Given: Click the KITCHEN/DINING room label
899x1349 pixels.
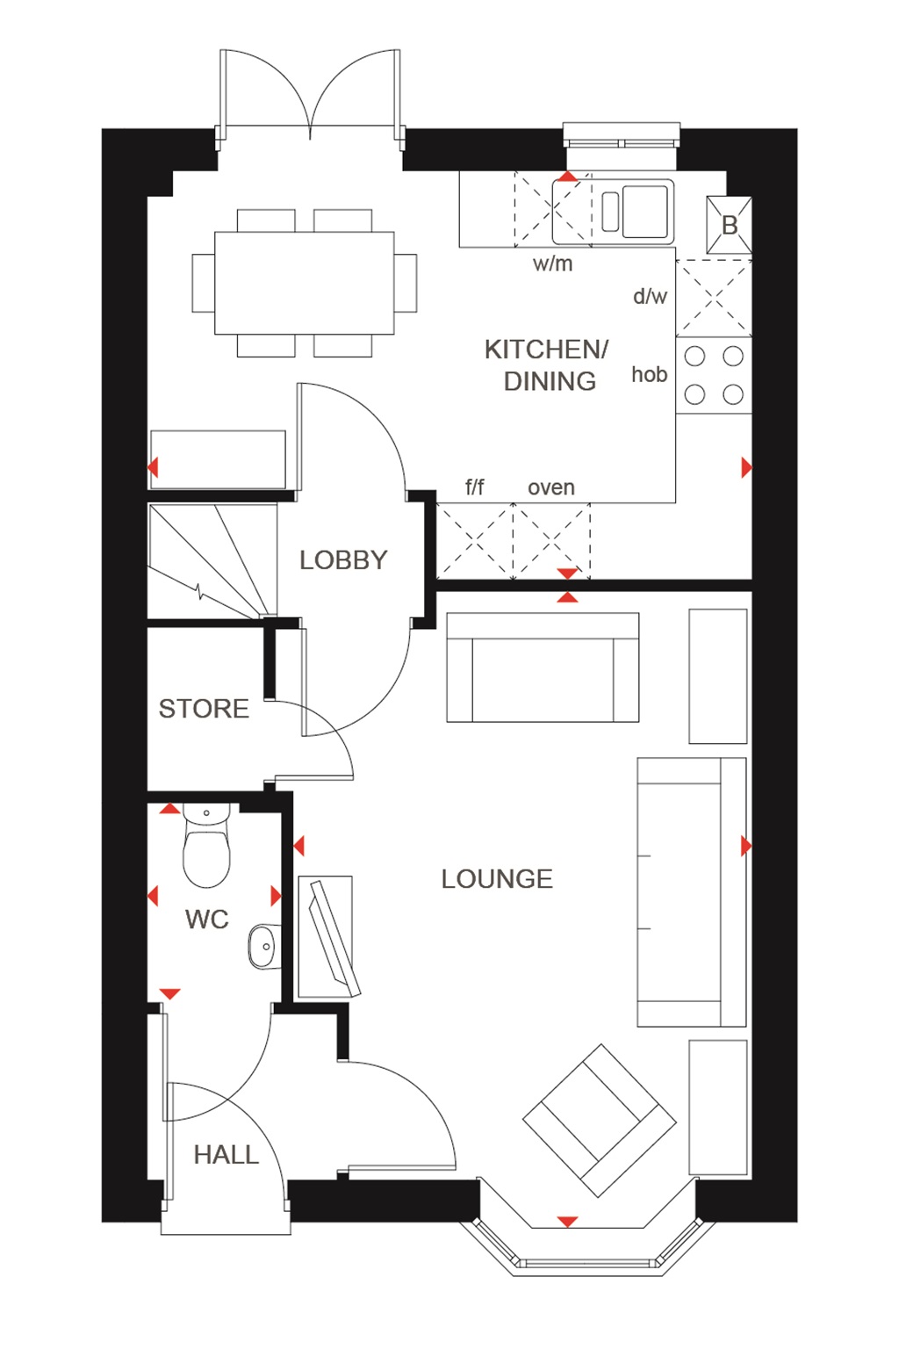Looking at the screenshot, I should tap(546, 364).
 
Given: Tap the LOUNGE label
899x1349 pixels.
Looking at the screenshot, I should tap(497, 879).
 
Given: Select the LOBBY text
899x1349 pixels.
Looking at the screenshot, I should tap(343, 560).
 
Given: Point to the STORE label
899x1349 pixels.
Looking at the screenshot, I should tap(204, 709).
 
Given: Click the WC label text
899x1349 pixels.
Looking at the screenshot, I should tap(207, 920).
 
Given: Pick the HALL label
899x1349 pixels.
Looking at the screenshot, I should tap(227, 1155).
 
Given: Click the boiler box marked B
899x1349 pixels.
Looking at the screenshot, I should tap(730, 226).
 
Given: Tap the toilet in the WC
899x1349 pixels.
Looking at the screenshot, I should tap(206, 848).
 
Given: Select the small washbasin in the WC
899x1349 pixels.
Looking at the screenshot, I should tap(263, 946).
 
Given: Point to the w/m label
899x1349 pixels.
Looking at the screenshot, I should tap(552, 263).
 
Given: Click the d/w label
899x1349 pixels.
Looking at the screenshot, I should tap(651, 297).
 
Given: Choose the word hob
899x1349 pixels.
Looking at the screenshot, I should tap(650, 375).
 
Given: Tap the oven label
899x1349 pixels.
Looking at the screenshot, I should tap(551, 487).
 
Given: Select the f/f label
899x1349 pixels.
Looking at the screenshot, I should tap(475, 487).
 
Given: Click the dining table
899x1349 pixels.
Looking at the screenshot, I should tap(305, 283).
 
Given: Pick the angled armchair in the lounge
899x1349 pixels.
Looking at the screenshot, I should tap(600, 1120).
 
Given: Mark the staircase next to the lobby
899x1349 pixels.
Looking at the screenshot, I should tap(212, 562).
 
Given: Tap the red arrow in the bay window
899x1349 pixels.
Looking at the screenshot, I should tap(568, 1222).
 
